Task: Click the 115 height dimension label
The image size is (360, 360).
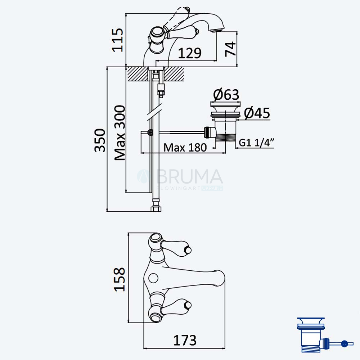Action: pos(118,40)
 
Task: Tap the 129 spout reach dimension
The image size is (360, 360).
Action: pos(190,53)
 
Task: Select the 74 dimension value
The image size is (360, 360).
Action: pos(230,49)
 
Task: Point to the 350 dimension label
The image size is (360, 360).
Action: pos(100,140)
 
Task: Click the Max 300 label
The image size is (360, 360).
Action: pos(120,133)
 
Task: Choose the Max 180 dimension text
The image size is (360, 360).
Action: pos(185,147)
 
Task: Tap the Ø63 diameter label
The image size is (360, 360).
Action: pos(226,94)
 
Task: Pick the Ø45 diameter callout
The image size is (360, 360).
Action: pos(257,113)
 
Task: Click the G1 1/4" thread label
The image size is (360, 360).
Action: pos(257,143)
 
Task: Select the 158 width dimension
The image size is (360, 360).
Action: pos(120,279)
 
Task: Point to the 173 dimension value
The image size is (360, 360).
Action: pos(185,340)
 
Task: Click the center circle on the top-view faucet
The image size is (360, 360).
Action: pos(153,278)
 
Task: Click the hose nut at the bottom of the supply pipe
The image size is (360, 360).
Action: pos(157,209)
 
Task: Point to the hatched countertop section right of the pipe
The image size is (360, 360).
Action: pos(174,74)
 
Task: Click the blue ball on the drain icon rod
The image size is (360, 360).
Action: pos(344,344)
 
